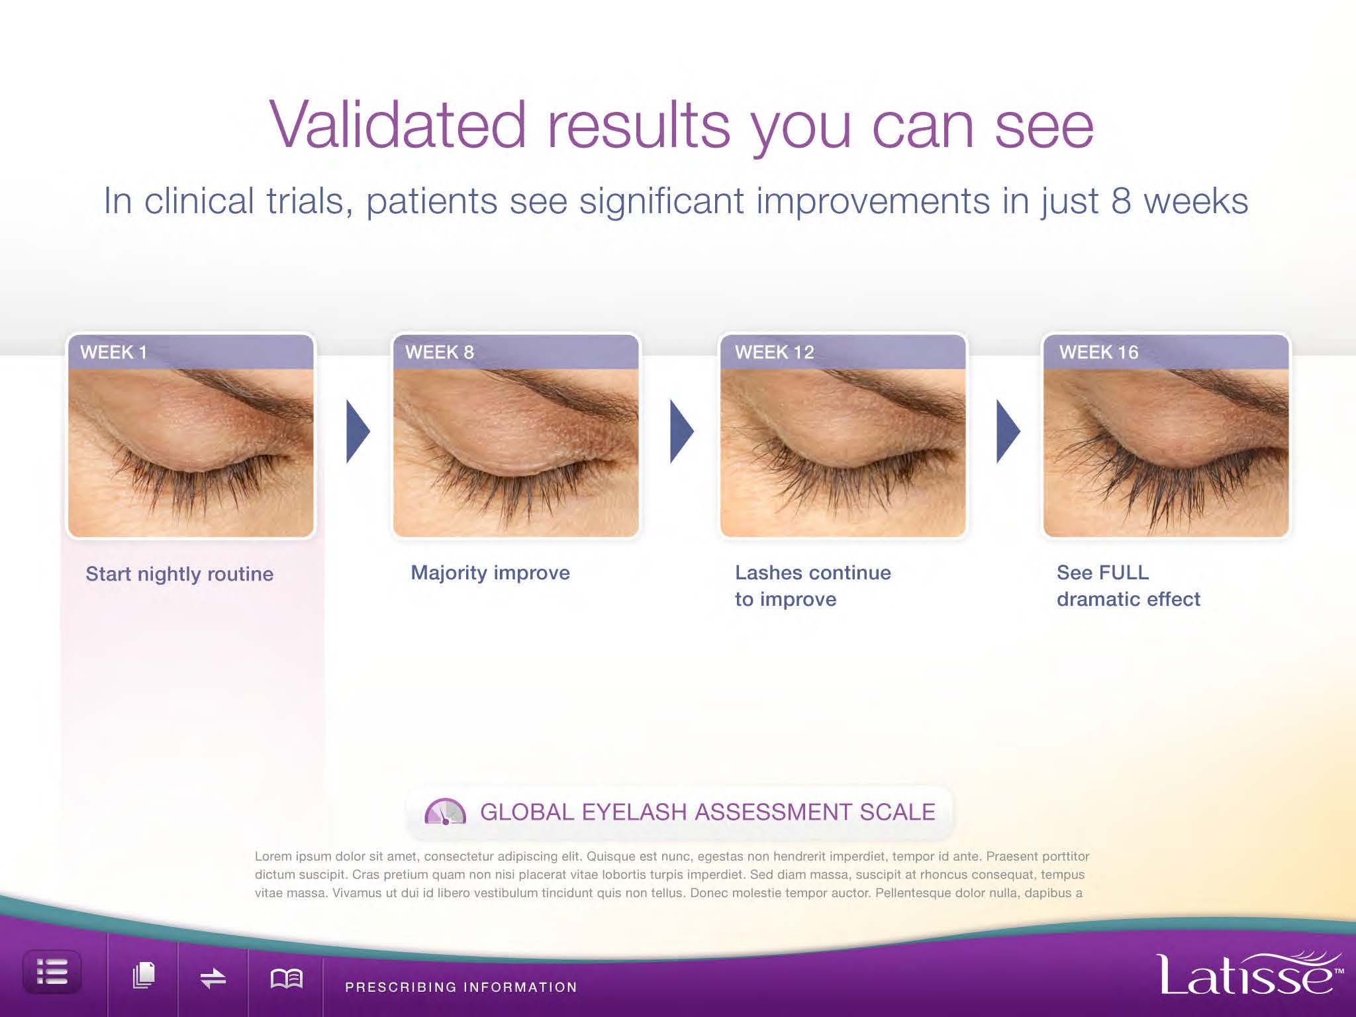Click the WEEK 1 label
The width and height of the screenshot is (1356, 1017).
[113, 352]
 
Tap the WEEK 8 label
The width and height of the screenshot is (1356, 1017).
[440, 352]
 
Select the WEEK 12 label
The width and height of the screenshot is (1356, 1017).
[775, 352]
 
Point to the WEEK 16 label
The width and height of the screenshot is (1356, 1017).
[1098, 352]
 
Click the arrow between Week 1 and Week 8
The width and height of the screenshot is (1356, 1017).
[358, 431]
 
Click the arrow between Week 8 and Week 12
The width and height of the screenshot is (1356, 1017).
[682, 431]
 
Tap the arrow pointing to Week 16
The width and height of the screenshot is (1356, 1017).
[1008, 431]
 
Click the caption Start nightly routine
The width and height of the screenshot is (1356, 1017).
[179, 574]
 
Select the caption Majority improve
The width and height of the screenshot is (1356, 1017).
[490, 573]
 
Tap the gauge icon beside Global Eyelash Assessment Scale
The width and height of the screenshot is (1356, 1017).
[445, 812]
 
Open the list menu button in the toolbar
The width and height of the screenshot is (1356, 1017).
[52, 972]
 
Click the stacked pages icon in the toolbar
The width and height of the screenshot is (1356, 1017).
[144, 975]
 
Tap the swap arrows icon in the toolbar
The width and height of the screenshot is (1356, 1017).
[213, 978]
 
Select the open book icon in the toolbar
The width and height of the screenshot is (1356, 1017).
[287, 978]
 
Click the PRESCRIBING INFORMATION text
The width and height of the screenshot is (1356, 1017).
[461, 987]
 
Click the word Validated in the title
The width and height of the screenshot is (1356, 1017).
[397, 125]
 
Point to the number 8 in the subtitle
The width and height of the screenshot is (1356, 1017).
[1121, 201]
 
